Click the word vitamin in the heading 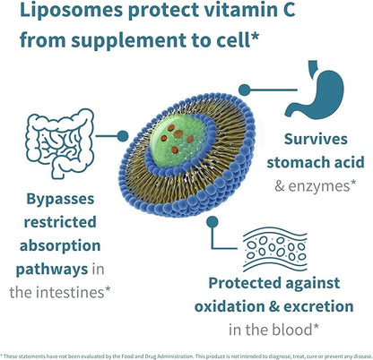click(x=200, y=13)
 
